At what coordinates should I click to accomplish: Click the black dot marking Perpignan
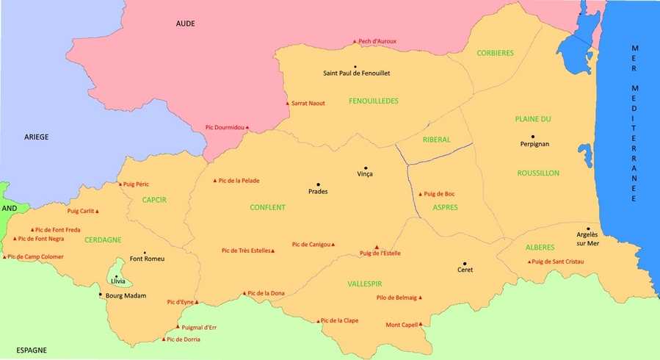533,137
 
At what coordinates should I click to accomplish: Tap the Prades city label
318,192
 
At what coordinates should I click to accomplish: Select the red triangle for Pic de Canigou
334,245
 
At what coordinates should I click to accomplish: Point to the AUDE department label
186,24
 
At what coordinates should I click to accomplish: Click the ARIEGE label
36,137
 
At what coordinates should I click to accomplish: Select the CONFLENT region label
267,208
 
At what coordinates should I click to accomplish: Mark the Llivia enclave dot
116,276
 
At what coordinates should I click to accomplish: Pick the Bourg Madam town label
128,296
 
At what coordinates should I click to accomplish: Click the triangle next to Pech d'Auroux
354,42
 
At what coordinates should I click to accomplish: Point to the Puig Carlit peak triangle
97,212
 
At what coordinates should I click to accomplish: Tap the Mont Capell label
402,325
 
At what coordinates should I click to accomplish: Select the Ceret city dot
465,263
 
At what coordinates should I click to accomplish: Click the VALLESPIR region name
365,284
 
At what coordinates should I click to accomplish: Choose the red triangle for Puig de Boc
421,194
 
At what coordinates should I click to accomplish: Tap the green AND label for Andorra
9,208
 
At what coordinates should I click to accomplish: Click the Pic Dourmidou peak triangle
247,128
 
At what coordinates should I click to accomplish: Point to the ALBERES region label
540,248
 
